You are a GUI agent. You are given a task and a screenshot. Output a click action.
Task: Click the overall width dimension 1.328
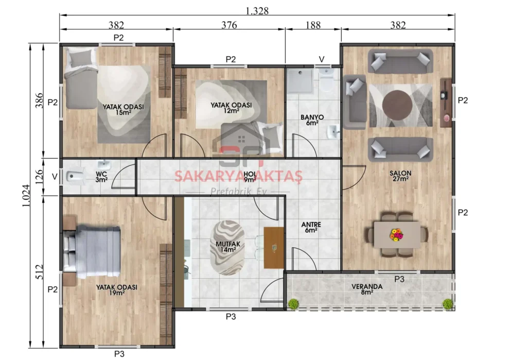coord(257,10)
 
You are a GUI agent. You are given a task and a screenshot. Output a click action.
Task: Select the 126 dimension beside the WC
coord(39,176)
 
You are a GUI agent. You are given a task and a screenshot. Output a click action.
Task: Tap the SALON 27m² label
coord(399,176)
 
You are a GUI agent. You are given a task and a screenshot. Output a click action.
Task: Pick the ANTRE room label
coord(311,227)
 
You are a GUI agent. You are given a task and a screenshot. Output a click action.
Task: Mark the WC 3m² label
coord(101,176)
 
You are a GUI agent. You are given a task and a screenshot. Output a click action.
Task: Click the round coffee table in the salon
coord(397,105)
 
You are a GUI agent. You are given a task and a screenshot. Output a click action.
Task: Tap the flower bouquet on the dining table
coord(397,234)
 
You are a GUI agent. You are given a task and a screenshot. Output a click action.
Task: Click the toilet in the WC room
coord(74,177)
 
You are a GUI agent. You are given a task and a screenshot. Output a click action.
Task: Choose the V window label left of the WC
coord(55,177)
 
